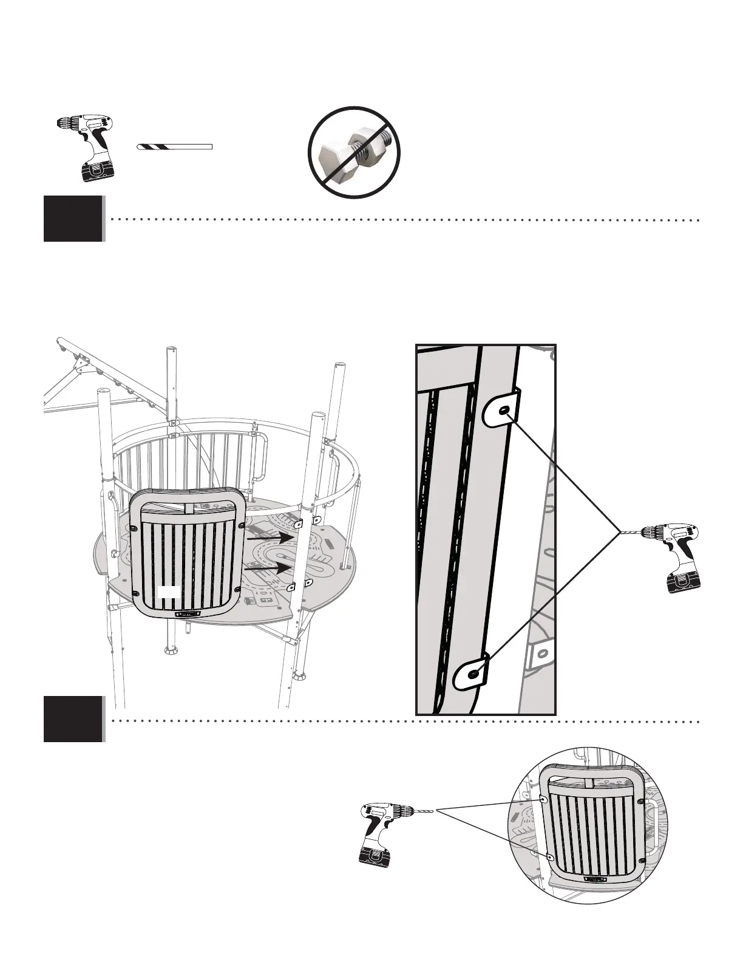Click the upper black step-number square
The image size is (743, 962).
[73, 219]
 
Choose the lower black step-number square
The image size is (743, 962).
[73, 719]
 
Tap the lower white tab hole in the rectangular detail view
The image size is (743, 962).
[473, 672]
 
